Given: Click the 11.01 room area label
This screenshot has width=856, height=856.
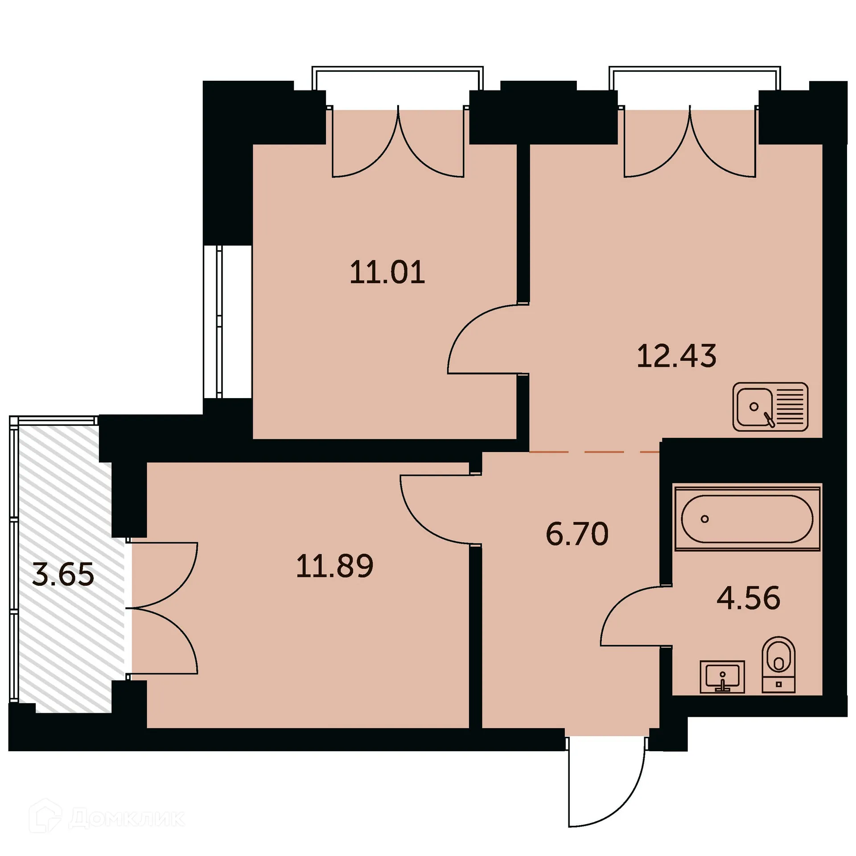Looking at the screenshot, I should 387,272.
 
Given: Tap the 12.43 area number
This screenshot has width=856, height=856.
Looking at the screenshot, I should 676,356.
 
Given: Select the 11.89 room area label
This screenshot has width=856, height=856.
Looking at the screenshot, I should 334,566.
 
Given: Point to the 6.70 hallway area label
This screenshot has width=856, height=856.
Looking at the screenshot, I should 577,534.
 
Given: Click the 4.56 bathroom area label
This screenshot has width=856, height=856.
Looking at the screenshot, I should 749,598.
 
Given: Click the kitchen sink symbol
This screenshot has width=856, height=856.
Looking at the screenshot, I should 770,407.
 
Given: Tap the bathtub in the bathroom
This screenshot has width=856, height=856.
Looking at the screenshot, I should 747,519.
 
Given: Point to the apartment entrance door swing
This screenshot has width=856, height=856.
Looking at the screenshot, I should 606,785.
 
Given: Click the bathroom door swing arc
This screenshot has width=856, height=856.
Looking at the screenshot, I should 635,617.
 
